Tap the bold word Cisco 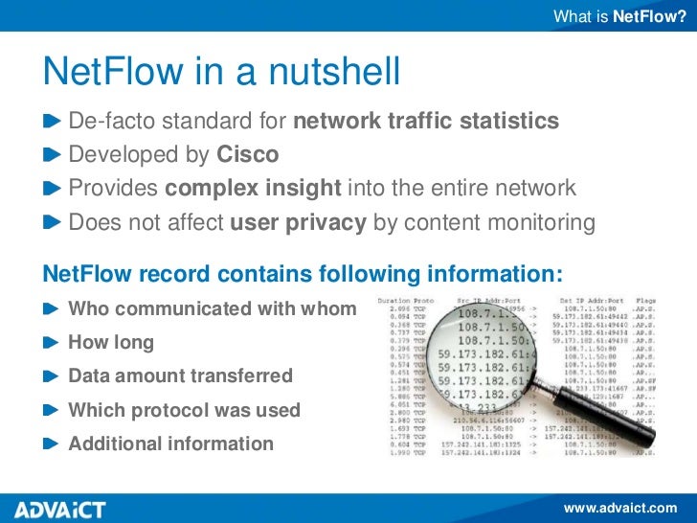coord(248,155)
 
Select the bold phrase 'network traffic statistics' coord(425,122)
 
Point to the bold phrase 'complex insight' coord(253,189)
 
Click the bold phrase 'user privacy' coord(298,222)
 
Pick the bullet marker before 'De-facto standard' coord(52,123)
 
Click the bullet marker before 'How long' coord(52,343)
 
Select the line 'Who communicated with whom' coord(212,309)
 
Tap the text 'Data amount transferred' coord(180,376)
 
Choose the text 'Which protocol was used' coord(184,410)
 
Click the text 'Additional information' coord(170,443)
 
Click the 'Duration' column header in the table coord(393,301)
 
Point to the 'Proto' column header coord(423,301)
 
